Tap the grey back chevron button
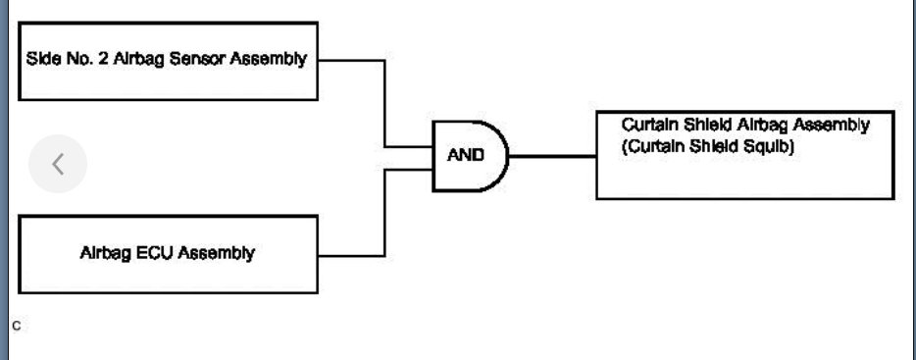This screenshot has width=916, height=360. pos(58,164)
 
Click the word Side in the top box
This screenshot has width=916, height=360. pos(42,59)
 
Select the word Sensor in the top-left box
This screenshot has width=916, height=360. pos(199,59)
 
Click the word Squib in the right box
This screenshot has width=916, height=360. pos(768,149)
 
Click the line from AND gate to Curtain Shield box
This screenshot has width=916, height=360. pos(552,156)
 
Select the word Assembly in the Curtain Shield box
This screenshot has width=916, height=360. pos(833,126)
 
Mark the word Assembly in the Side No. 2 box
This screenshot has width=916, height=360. pos(268,59)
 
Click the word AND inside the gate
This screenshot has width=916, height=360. pos(466,156)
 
